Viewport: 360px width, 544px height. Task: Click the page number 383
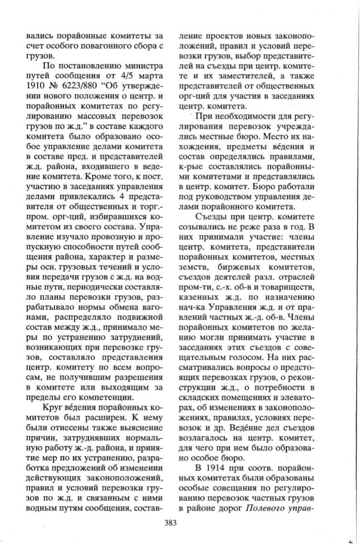170,523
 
